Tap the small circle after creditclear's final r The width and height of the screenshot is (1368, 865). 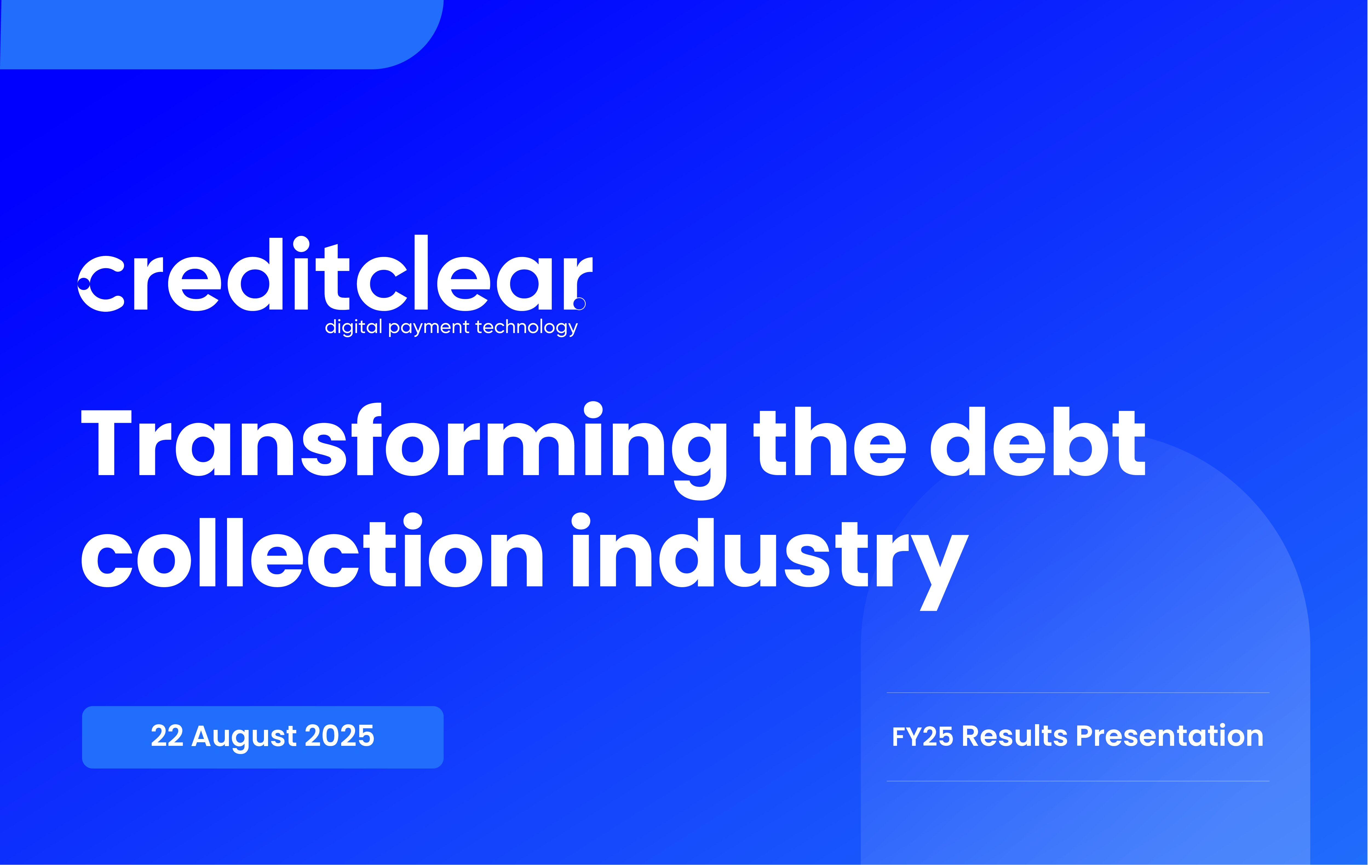click(579, 304)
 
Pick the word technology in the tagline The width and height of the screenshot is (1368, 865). click(527, 327)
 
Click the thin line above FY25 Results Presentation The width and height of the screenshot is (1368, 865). click(1078, 693)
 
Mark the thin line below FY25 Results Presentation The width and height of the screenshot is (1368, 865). click(1078, 781)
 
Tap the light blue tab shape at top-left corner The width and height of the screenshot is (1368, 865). click(222, 34)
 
